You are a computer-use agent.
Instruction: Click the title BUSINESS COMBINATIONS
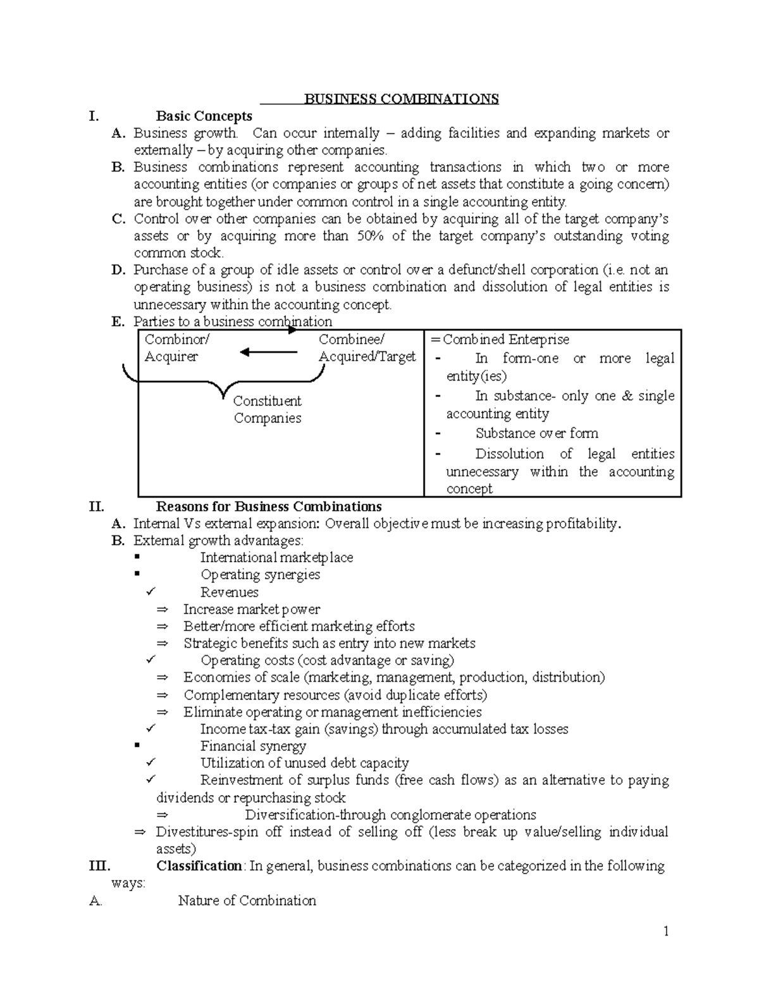click(x=401, y=99)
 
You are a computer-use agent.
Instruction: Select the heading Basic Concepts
click(x=204, y=116)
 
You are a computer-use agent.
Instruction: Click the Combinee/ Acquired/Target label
click(x=367, y=348)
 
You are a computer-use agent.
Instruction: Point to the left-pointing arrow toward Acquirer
click(x=268, y=353)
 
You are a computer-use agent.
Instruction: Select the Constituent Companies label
click(x=267, y=410)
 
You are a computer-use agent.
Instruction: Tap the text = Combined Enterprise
click(x=500, y=339)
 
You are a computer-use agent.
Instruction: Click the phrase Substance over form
click(x=536, y=433)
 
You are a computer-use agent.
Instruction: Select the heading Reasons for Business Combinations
click(x=268, y=506)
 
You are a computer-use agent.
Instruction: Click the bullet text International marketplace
click(x=276, y=558)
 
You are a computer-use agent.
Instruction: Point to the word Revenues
click(x=229, y=592)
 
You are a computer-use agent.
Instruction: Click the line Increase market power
click(x=251, y=610)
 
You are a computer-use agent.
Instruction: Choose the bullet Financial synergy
click(x=253, y=746)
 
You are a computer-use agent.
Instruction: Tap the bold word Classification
click(x=199, y=866)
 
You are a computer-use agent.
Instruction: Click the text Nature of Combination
click(x=247, y=901)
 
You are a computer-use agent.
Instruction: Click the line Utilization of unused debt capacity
click(x=304, y=763)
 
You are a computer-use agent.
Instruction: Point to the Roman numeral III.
click(x=100, y=866)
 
